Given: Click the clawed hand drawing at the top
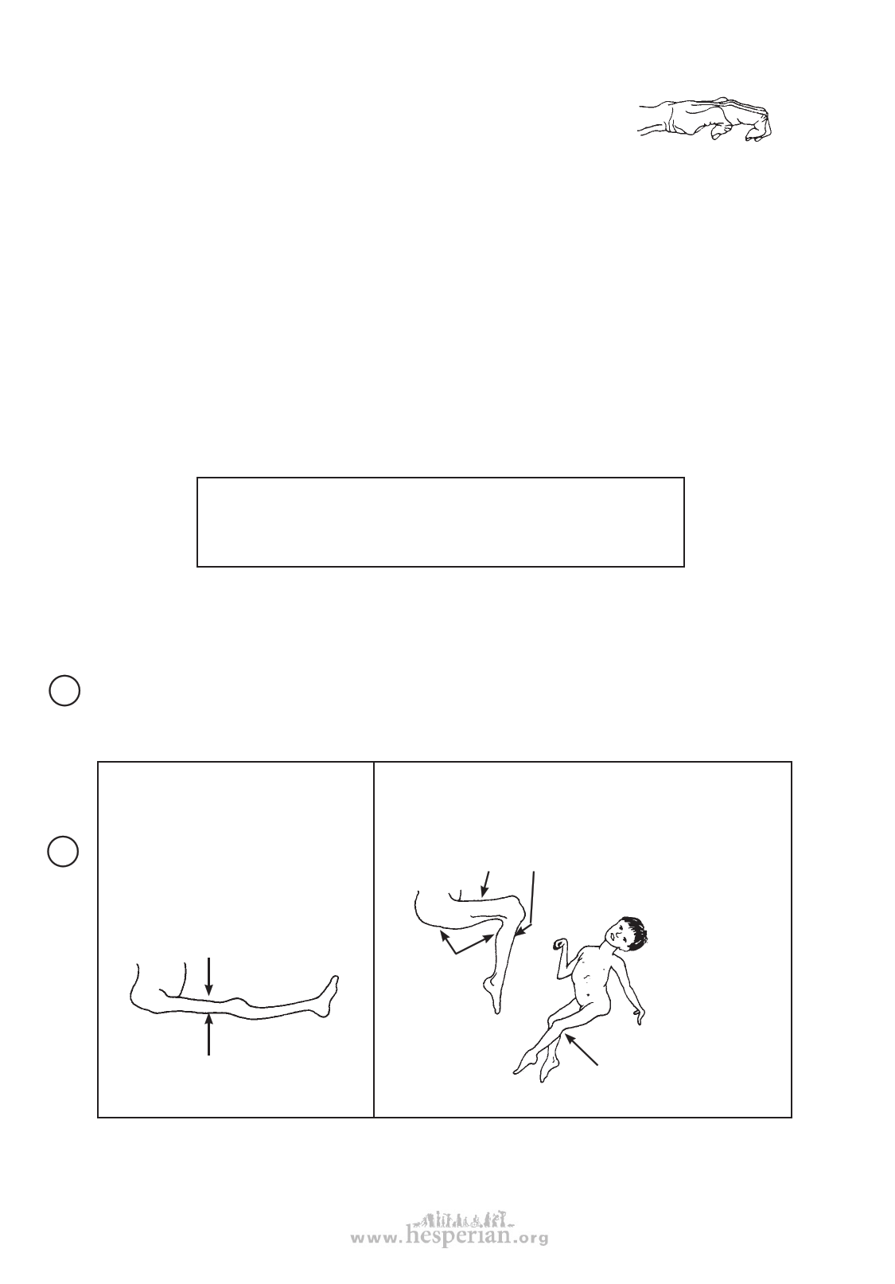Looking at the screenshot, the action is [x=706, y=119].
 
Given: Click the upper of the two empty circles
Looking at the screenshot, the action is [x=64, y=690].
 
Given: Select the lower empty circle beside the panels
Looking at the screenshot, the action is [x=63, y=851].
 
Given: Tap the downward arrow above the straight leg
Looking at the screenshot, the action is [x=209, y=976].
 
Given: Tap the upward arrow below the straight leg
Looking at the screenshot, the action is [x=209, y=1034].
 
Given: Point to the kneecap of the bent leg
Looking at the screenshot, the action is [x=519, y=911].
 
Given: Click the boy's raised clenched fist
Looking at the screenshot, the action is [x=559, y=942].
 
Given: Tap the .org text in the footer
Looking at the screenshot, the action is [x=529, y=1239].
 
